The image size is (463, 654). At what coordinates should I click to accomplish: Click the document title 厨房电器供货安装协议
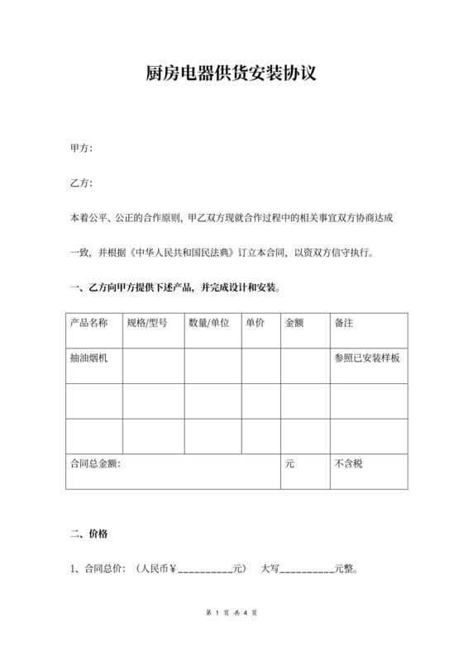pyautogui.click(x=231, y=74)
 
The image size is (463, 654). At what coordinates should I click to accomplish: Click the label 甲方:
pyautogui.click(x=81, y=149)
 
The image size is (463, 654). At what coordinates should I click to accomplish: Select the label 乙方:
pyautogui.click(x=81, y=183)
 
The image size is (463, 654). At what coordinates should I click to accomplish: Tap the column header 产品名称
pyautogui.click(x=89, y=323)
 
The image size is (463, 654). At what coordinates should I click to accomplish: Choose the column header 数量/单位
pyautogui.click(x=209, y=323)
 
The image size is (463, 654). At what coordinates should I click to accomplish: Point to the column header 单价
pyautogui.click(x=255, y=323)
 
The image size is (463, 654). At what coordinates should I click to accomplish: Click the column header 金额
pyautogui.click(x=295, y=323)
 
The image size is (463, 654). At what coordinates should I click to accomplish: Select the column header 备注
pyautogui.click(x=344, y=323)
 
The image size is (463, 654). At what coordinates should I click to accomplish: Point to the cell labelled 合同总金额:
pyautogui.click(x=96, y=464)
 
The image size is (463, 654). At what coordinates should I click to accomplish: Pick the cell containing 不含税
pyautogui.click(x=348, y=464)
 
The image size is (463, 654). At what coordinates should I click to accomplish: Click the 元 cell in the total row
pyautogui.click(x=289, y=464)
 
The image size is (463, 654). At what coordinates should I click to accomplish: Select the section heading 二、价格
pyautogui.click(x=88, y=533)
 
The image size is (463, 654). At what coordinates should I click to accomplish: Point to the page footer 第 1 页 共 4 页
pyautogui.click(x=231, y=614)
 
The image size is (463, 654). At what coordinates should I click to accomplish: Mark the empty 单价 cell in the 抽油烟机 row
pyautogui.click(x=260, y=365)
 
